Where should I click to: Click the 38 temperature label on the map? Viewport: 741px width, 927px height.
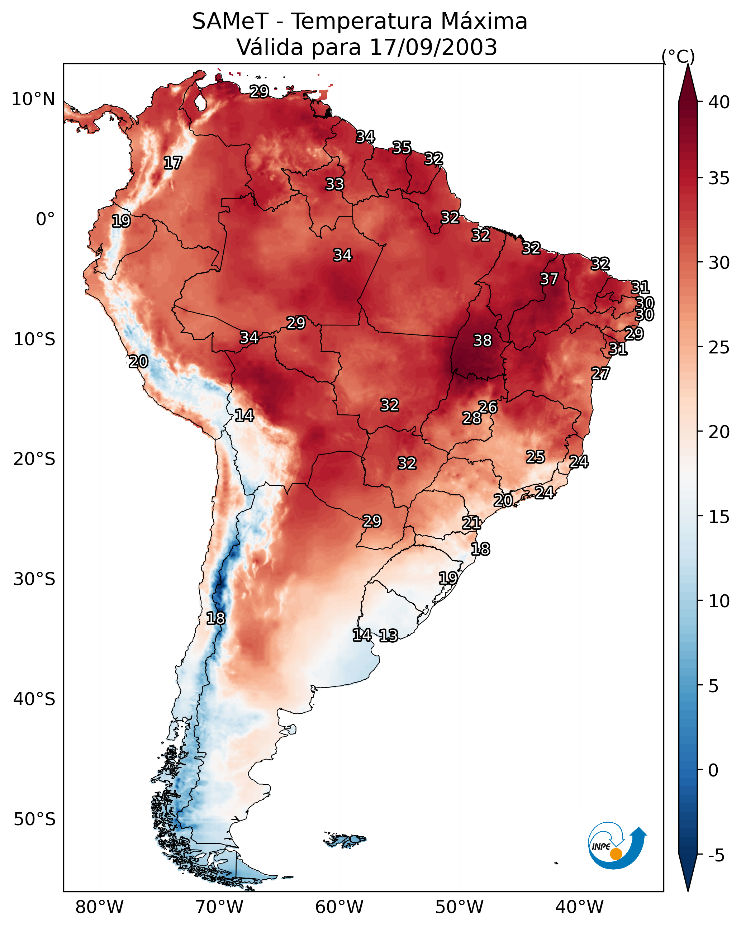pyautogui.click(x=482, y=341)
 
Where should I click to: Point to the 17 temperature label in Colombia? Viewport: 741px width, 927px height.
pyautogui.click(x=172, y=163)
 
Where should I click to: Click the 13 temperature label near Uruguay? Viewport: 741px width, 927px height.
pyautogui.click(x=388, y=636)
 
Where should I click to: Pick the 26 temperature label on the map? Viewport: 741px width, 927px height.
pyautogui.click(x=488, y=407)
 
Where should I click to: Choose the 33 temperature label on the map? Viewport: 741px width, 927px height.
pyautogui.click(x=334, y=184)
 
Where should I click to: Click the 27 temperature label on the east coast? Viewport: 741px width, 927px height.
pyautogui.click(x=600, y=374)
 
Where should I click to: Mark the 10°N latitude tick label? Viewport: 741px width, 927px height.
pyautogui.click(x=33, y=99)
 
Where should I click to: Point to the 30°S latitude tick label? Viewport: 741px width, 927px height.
pyautogui.click(x=34, y=579)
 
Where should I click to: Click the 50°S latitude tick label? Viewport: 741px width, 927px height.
pyautogui.click(x=34, y=819)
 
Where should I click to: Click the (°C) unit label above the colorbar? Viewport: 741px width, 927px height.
pyautogui.click(x=678, y=56)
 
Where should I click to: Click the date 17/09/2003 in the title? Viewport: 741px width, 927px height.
pyautogui.click(x=433, y=47)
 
